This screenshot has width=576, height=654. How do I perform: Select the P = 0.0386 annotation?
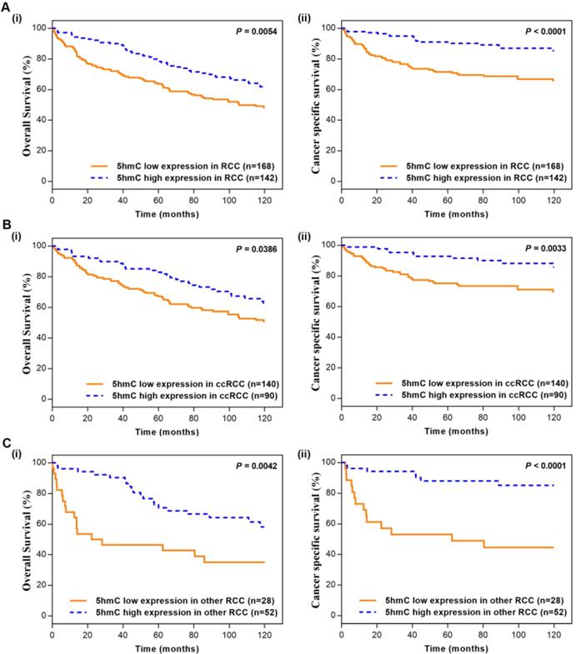tap(250, 249)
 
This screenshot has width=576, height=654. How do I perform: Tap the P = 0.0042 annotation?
tap(250, 466)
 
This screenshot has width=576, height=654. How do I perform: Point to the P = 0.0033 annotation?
tap(538, 249)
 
